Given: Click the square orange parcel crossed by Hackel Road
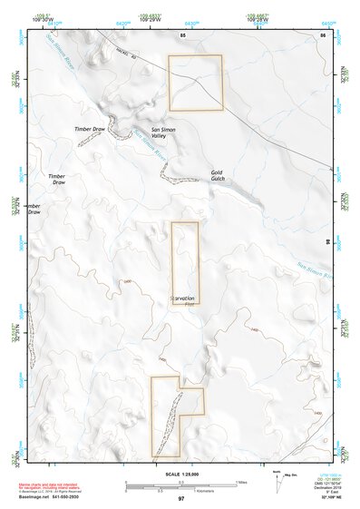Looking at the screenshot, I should [x=195, y=83].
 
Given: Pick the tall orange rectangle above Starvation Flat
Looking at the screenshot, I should [x=185, y=262].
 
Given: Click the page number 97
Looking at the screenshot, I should [x=181, y=499].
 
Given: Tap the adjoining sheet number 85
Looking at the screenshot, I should [x=182, y=34].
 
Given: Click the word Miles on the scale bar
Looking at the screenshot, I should [x=242, y=481].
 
